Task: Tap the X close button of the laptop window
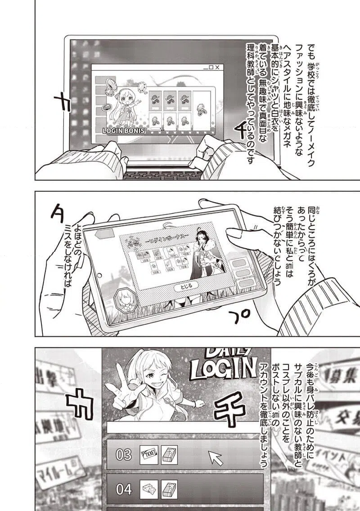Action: [x=218, y=67]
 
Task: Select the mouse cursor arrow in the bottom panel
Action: [x=215, y=457]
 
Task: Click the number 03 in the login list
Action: [x=124, y=455]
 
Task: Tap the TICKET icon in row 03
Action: [x=148, y=455]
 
